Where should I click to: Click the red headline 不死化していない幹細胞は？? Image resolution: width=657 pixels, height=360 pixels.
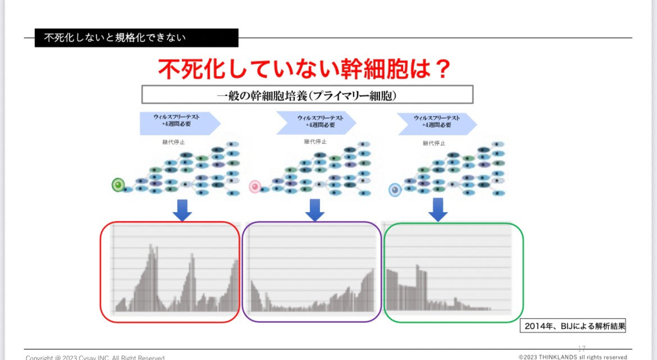point(304,69)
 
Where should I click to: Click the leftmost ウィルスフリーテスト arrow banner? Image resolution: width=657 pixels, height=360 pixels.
point(179,123)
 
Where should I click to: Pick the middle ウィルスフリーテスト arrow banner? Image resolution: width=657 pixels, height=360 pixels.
point(315,122)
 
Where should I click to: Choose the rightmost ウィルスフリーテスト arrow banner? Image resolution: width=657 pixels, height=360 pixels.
point(436,123)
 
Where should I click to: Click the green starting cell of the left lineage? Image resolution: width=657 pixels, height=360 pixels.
point(118,184)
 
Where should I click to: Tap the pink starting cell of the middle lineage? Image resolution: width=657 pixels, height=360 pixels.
point(255,186)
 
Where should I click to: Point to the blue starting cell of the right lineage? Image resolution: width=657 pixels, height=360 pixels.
point(395,190)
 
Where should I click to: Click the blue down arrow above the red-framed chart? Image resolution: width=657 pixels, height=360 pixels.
point(182,210)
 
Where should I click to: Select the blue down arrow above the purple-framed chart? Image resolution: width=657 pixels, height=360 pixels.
point(315,210)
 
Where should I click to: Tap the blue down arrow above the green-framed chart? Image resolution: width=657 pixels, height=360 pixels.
point(438,209)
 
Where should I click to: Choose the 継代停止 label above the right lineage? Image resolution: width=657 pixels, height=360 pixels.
point(434,143)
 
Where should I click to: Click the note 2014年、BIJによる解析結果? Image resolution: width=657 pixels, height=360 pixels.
point(573,326)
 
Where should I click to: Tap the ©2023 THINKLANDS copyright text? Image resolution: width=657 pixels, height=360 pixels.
point(572,357)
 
